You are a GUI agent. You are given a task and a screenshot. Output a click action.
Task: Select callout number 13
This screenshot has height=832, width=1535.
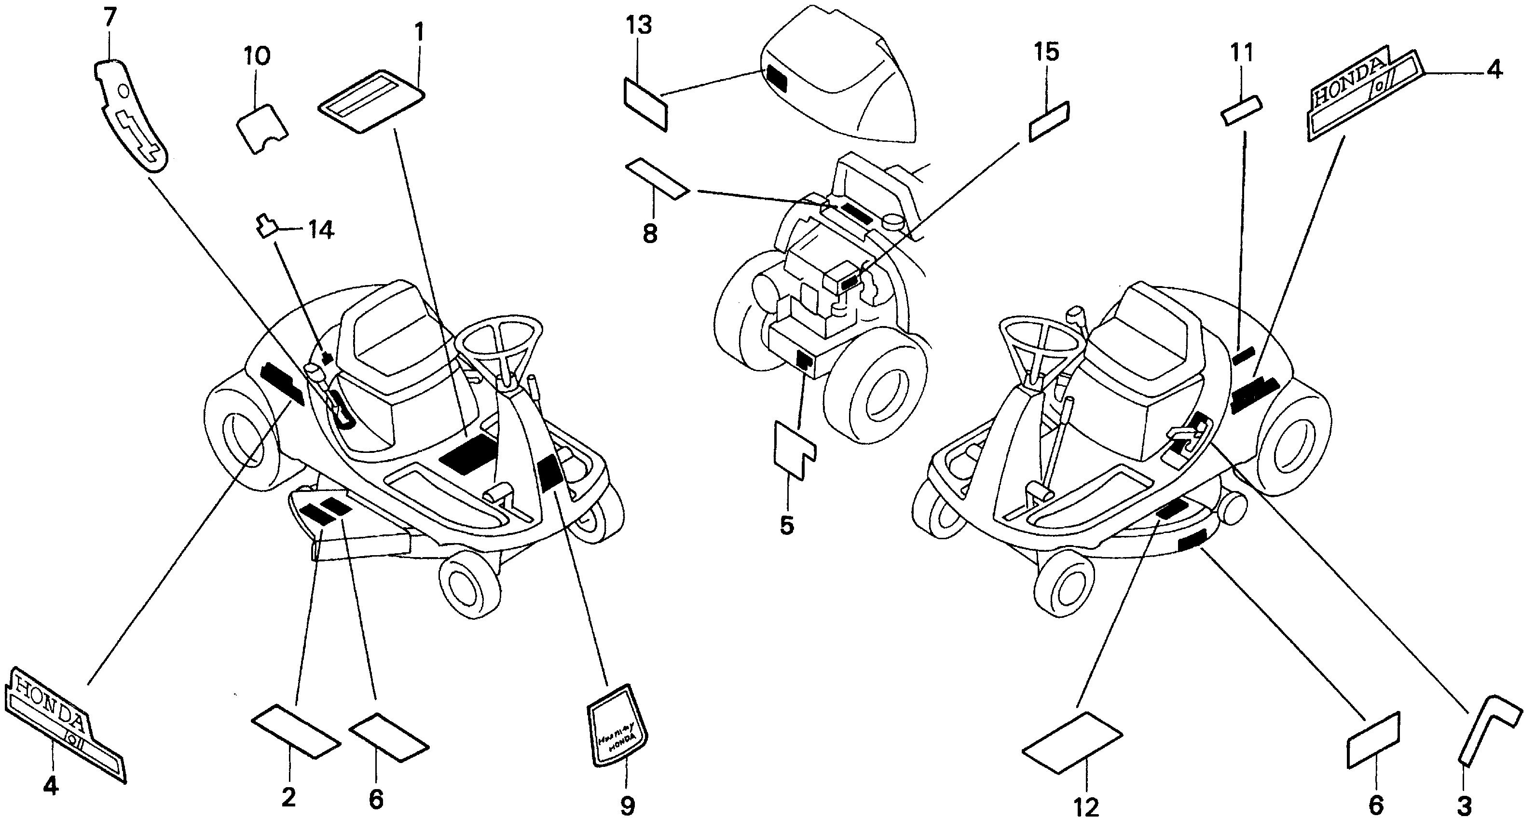pos(639,26)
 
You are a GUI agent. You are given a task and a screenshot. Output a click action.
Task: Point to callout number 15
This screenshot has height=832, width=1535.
pos(1046,53)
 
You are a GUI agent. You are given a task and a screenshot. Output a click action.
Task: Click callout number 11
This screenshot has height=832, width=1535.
pos(1242,53)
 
